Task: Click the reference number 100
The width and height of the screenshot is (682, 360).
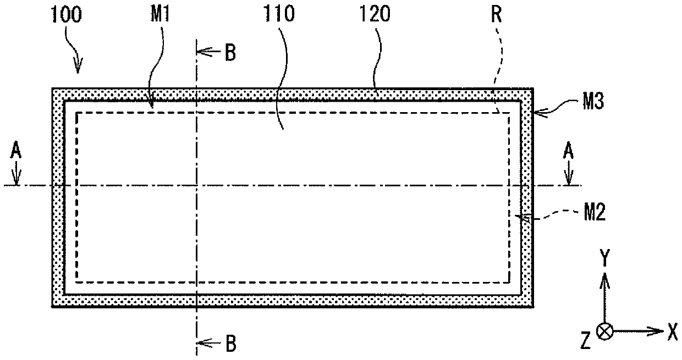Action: [67, 14]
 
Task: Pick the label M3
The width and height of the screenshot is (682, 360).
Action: [593, 101]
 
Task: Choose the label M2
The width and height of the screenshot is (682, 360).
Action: [595, 212]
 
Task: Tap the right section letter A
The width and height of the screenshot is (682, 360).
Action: [568, 151]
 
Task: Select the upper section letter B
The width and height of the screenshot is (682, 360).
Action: [230, 52]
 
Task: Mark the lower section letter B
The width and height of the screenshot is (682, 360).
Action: [231, 344]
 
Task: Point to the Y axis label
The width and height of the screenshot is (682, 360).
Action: [604, 257]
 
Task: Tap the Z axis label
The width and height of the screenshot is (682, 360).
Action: [585, 340]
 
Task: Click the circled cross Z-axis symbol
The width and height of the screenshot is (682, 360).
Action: [604, 331]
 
